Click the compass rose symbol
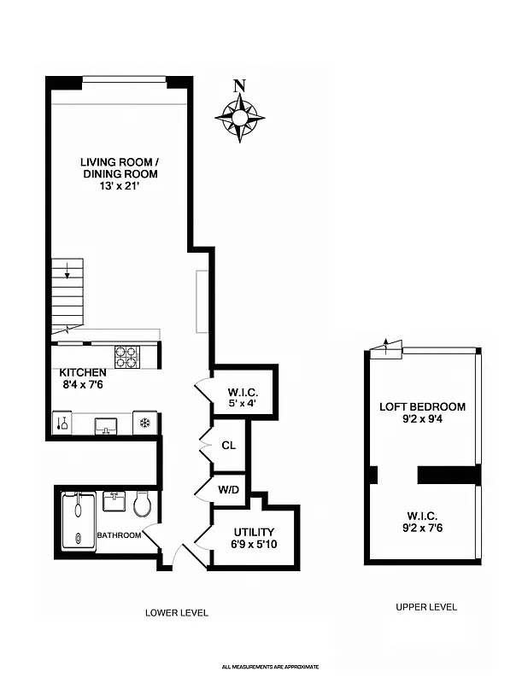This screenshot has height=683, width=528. click(239, 116)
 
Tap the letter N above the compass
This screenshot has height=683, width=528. click(240, 85)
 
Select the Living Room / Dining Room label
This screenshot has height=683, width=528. click(120, 167)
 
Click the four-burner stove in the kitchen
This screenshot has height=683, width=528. click(127, 355)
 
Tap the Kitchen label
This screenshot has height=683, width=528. click(83, 372)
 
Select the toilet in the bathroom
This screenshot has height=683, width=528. click(143, 505)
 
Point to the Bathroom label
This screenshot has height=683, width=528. click(118, 535)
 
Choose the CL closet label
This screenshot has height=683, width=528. click(228, 445)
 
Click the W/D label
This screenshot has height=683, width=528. click(228, 490)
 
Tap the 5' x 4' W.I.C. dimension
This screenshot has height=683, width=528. click(243, 403)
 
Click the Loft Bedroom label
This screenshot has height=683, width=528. click(422, 406)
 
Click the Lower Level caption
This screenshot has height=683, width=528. click(177, 612)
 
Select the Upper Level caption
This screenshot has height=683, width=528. click(425, 607)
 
